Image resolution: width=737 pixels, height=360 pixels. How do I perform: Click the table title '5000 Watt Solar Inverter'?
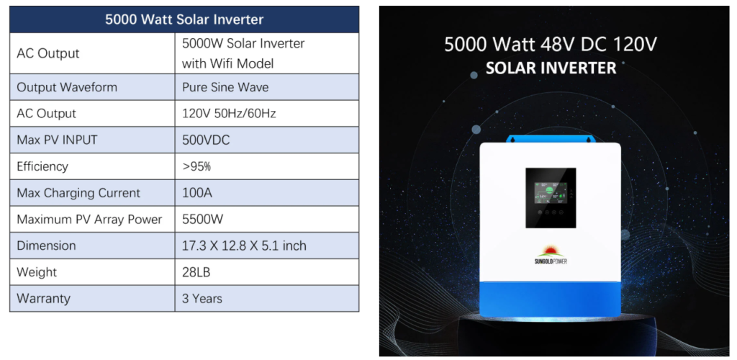point(184,19)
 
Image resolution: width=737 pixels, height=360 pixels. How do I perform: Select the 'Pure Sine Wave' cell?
point(225,87)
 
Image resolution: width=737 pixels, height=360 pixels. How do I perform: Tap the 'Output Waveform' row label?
point(67,87)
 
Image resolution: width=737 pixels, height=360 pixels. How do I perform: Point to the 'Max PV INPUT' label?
point(57,140)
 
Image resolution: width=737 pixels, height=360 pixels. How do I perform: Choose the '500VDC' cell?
point(206,140)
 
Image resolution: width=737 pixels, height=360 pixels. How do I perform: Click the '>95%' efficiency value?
point(196,166)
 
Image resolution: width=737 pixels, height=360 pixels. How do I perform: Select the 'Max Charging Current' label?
point(78,193)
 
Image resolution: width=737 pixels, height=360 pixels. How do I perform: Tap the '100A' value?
point(197,193)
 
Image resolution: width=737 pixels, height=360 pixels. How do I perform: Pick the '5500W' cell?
point(202,219)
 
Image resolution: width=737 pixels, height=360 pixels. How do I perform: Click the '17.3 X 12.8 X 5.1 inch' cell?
point(244,246)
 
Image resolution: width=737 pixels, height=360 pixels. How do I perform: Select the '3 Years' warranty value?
point(202,298)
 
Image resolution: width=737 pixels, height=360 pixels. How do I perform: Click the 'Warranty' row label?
point(43,298)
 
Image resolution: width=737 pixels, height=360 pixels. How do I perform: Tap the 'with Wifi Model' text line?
point(227,63)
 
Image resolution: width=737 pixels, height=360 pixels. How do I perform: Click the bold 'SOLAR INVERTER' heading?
point(551,68)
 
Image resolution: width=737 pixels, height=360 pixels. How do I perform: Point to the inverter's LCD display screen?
point(551,197)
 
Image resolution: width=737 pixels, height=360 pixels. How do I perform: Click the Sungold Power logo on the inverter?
point(551,254)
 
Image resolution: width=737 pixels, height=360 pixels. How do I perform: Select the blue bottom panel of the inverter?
point(551,299)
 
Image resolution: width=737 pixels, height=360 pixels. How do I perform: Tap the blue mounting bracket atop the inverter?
point(551,139)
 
